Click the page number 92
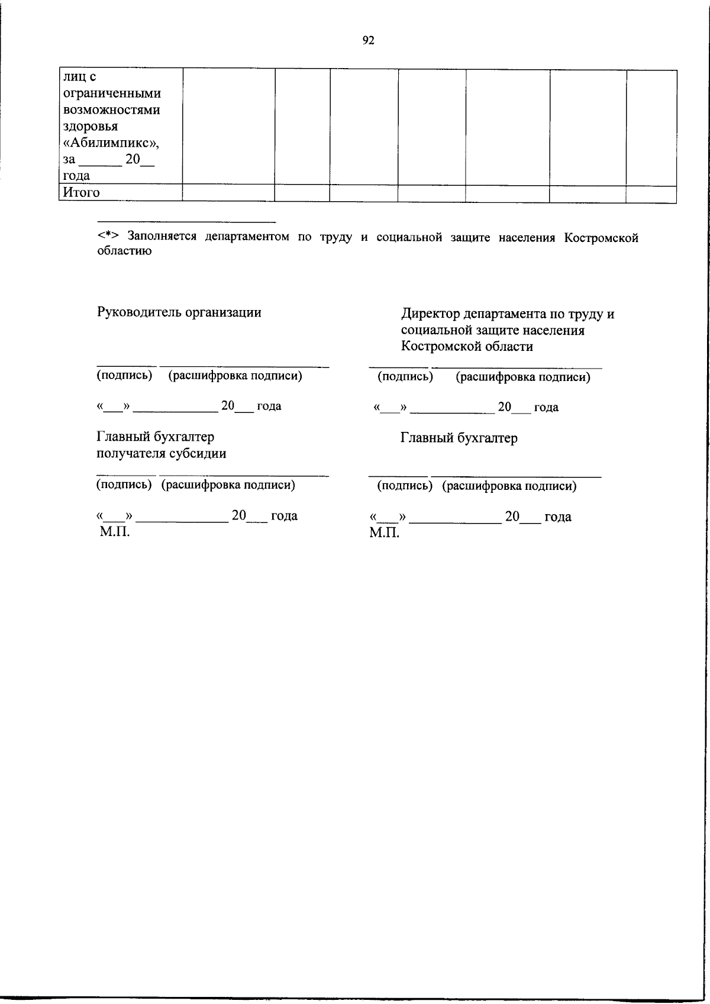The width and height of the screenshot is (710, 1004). pyautogui.click(x=368, y=40)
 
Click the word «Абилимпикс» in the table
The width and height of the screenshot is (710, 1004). pyautogui.click(x=111, y=143)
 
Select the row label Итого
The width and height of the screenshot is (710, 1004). pyautogui.click(x=82, y=193)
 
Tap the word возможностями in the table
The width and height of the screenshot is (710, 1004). pyautogui.click(x=112, y=110)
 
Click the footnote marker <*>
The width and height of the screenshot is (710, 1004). pyautogui.click(x=109, y=237)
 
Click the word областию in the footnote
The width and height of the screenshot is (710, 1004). pyautogui.click(x=124, y=251)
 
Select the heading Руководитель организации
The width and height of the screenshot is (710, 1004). pyautogui.click(x=179, y=312)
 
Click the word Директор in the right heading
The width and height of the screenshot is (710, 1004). pyautogui.click(x=430, y=314)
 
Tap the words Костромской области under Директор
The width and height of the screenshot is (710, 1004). pyautogui.click(x=467, y=347)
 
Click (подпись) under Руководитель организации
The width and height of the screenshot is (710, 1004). pyautogui.click(x=125, y=375)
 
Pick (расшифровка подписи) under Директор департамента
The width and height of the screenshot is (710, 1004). pyautogui.click(x=523, y=377)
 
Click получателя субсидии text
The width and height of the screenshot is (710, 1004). pyautogui.click(x=162, y=454)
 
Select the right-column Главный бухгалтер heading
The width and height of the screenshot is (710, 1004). pyautogui.click(x=459, y=438)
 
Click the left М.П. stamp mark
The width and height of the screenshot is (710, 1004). pyautogui.click(x=114, y=532)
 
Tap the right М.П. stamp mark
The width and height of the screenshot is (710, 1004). pyautogui.click(x=385, y=533)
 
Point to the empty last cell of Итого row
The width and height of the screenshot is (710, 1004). pyautogui.click(x=651, y=193)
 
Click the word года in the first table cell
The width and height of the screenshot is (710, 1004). pyautogui.click(x=76, y=176)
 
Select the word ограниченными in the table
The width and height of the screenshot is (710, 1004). pyautogui.click(x=112, y=93)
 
